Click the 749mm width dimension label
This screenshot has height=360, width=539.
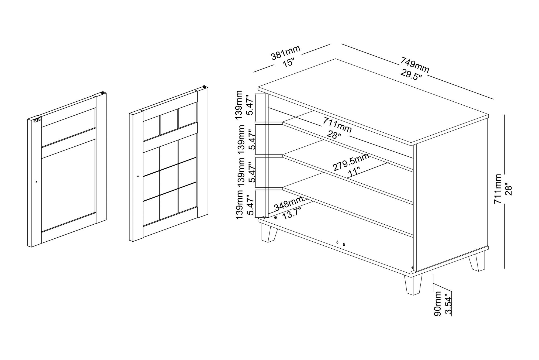click(x=414, y=65)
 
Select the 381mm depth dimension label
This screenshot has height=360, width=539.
click(x=286, y=53)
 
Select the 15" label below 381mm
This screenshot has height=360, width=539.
click(x=288, y=63)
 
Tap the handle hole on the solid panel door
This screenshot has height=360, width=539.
click(x=36, y=182)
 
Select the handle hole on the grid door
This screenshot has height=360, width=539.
click(x=138, y=176)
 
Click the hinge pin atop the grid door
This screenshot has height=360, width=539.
click(x=205, y=87)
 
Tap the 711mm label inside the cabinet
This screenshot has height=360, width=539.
click(x=337, y=126)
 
